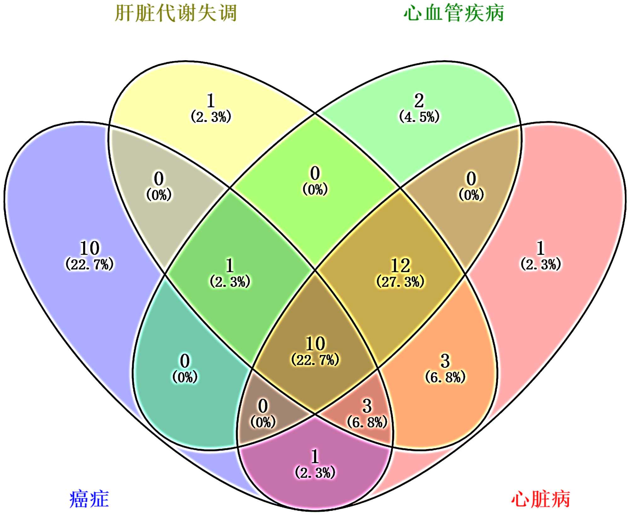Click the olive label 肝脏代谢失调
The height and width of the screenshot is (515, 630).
(176, 13)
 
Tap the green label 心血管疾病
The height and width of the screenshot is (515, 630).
(454, 13)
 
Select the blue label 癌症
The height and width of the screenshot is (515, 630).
(89, 499)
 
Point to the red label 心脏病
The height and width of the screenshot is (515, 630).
(541, 499)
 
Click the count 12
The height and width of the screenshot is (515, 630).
(400, 265)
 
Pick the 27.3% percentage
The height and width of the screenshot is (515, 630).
(400, 282)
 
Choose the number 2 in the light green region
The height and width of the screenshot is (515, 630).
(419, 101)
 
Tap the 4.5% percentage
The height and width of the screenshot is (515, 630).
(419, 117)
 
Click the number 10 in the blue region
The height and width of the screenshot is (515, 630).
(89, 248)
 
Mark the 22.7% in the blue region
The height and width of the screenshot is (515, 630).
(89, 264)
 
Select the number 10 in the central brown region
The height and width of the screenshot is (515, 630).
(315, 344)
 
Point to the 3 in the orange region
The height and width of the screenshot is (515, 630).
(445, 361)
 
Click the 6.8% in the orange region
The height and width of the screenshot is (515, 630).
(445, 377)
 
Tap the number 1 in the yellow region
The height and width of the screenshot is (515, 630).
(211, 101)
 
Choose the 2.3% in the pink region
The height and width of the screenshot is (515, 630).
(541, 264)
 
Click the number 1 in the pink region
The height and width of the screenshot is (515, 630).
(541, 248)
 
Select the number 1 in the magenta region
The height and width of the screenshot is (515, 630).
(315, 456)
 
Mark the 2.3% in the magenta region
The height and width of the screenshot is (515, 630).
(315, 473)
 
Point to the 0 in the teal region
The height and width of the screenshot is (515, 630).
(185, 361)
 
